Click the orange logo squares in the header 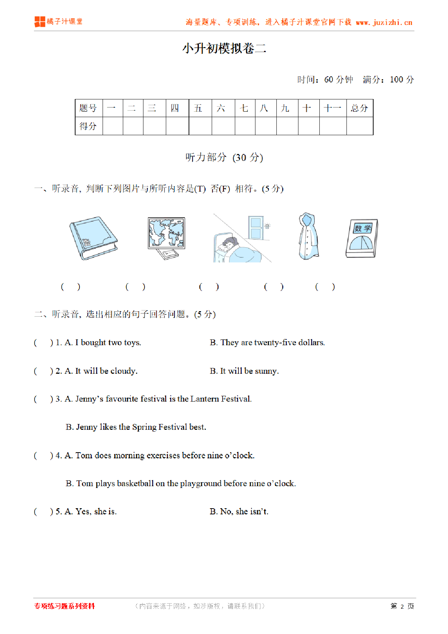(x=40, y=22)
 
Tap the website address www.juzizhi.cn (x=384, y=22)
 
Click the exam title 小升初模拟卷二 (x=224, y=48)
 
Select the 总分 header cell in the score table (x=359, y=108)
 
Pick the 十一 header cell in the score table (x=333, y=108)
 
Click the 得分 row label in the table (x=88, y=126)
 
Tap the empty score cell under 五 (x=200, y=126)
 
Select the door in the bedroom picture (x=256, y=228)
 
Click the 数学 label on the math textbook (x=363, y=228)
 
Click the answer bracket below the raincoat (x=273, y=287)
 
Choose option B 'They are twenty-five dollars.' (x=267, y=343)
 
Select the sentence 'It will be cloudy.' (x=106, y=371)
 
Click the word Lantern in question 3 (x=204, y=399)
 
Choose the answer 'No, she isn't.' (x=239, y=512)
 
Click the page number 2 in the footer (x=402, y=607)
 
